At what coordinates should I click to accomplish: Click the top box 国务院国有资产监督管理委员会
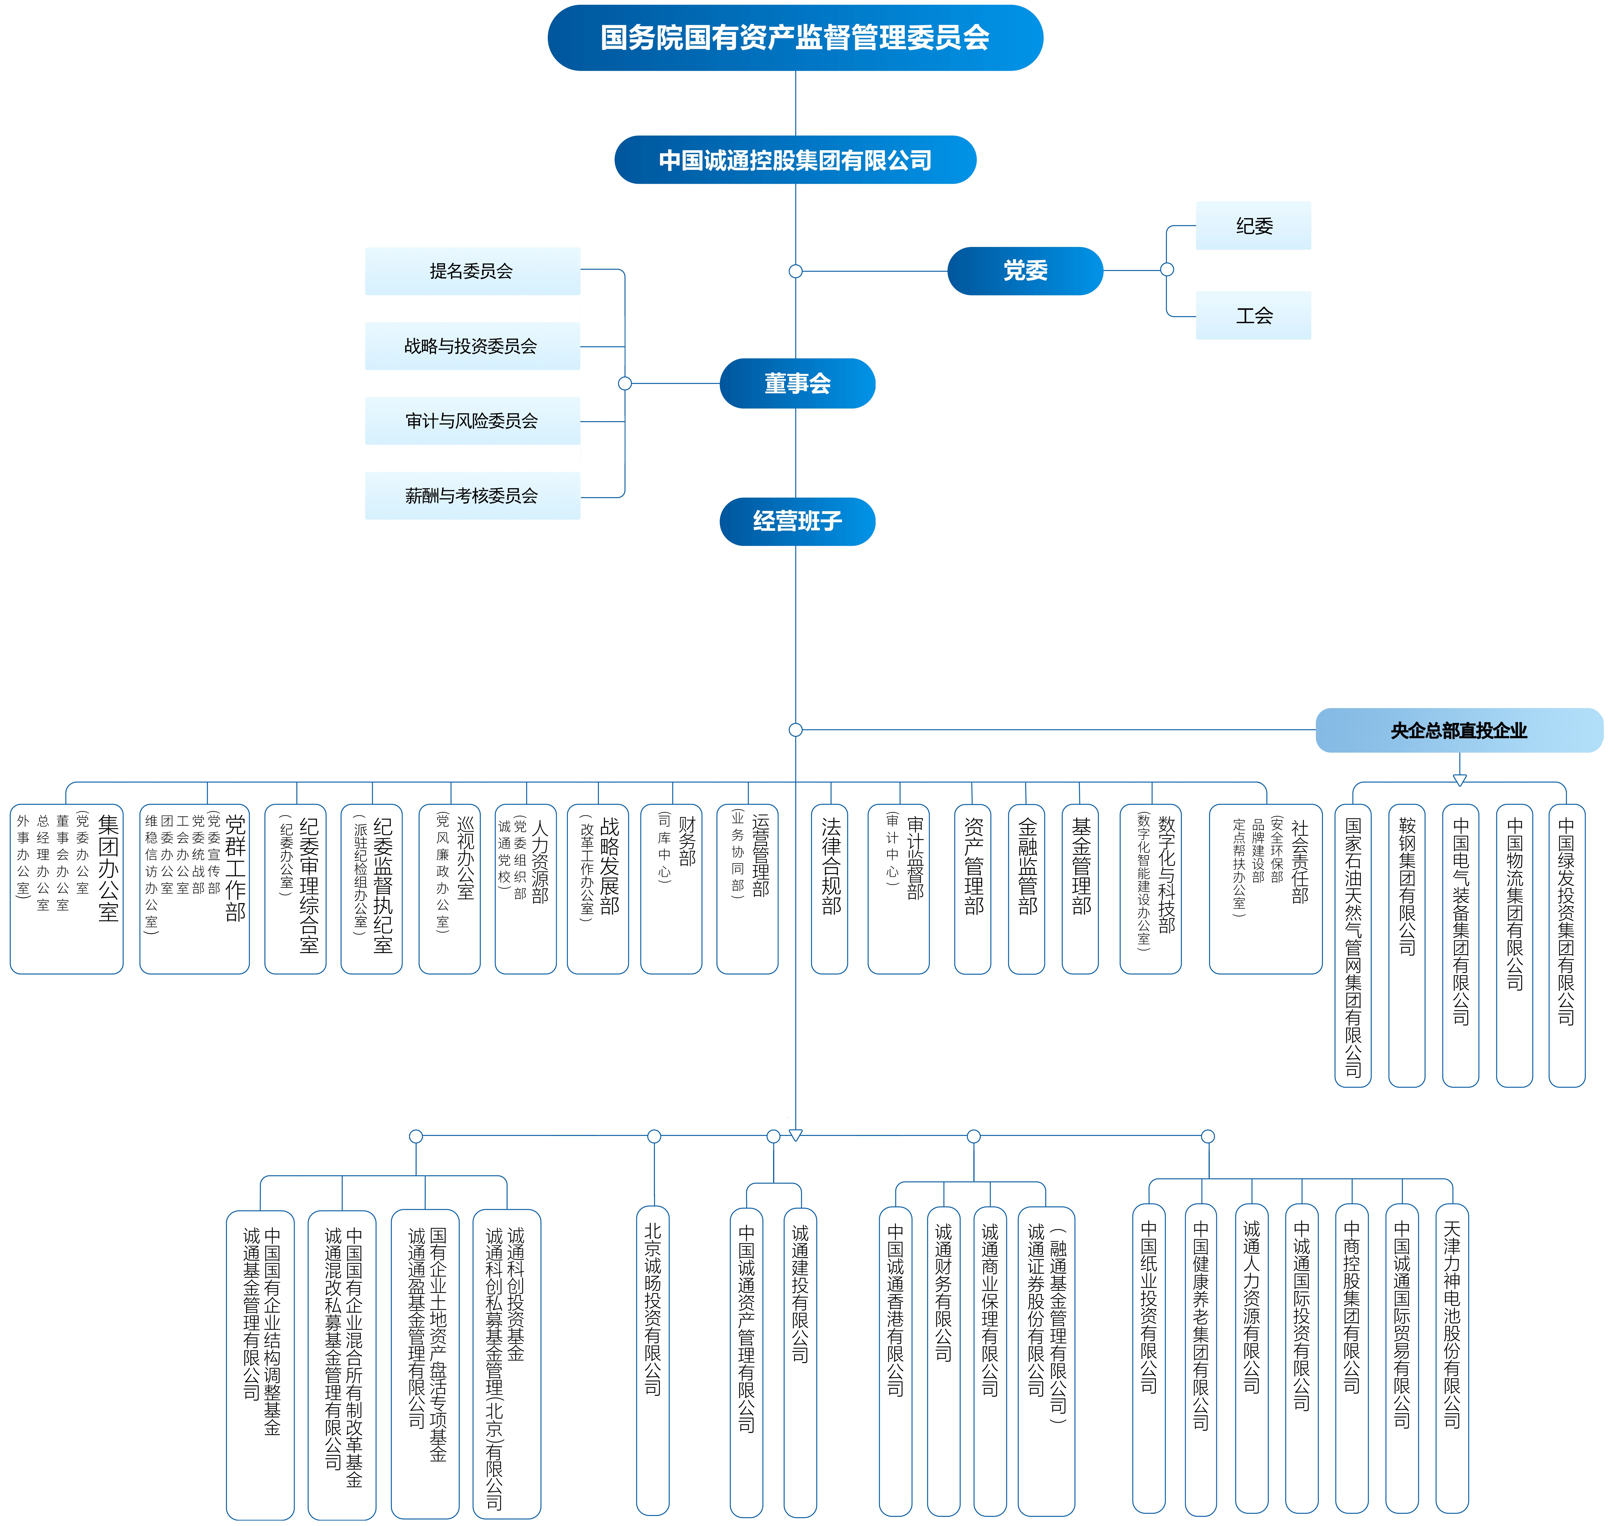coord(795,37)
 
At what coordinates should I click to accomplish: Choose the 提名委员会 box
coord(472,271)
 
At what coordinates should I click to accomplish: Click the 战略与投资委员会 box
coord(472,346)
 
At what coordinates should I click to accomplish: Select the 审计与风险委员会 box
coord(472,421)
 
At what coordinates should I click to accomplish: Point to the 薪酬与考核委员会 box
coord(472,495)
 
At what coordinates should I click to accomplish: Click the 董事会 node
coord(797,383)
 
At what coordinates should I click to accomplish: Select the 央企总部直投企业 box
coord(1459,730)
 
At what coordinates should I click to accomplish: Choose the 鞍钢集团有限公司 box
coord(1407,945)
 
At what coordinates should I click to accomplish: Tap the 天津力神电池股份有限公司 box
coord(1452,1359)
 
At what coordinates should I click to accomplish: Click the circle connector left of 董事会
coord(625,383)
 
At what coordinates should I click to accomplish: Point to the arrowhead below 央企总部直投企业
coord(1459,780)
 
